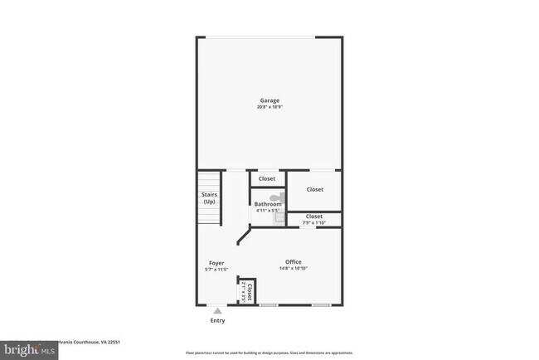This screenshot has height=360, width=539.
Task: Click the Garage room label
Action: click(x=269, y=100)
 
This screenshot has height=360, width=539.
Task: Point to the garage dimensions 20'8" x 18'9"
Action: click(x=269, y=107)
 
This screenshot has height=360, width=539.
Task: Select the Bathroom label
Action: click(x=268, y=204)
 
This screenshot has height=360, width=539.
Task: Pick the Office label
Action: click(x=294, y=262)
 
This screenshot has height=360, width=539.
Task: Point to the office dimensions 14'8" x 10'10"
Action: click(x=294, y=269)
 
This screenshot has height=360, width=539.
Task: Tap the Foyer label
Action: click(x=216, y=263)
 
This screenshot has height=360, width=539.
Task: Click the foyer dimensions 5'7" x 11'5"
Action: click(x=216, y=270)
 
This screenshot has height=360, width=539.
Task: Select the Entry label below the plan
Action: click(x=217, y=320)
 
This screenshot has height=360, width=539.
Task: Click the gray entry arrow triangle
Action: click(x=217, y=310)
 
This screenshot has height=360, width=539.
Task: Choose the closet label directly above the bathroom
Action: click(x=267, y=178)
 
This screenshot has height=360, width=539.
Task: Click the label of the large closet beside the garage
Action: click(x=315, y=189)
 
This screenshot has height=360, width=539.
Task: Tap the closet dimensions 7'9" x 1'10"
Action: click(x=314, y=222)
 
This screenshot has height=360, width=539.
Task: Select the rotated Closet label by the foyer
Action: click(x=249, y=291)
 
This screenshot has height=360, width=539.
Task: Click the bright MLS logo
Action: click(x=29, y=351)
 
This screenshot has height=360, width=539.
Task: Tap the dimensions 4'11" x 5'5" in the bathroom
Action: click(x=267, y=211)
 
